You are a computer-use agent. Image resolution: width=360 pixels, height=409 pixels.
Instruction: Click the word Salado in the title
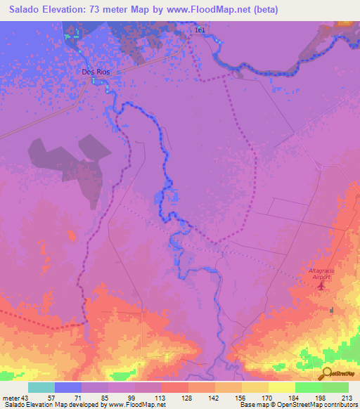pos(26,10)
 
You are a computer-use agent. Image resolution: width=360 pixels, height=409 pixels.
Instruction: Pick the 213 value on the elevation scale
pos(347,397)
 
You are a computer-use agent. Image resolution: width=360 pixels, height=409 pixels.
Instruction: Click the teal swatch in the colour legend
pos(41,387)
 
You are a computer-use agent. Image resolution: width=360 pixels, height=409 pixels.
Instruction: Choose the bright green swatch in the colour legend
pos(309,387)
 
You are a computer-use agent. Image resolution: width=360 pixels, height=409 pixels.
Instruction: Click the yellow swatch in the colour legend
pos(282,387)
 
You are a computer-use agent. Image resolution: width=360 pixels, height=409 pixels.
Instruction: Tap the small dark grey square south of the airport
pos(333,309)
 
